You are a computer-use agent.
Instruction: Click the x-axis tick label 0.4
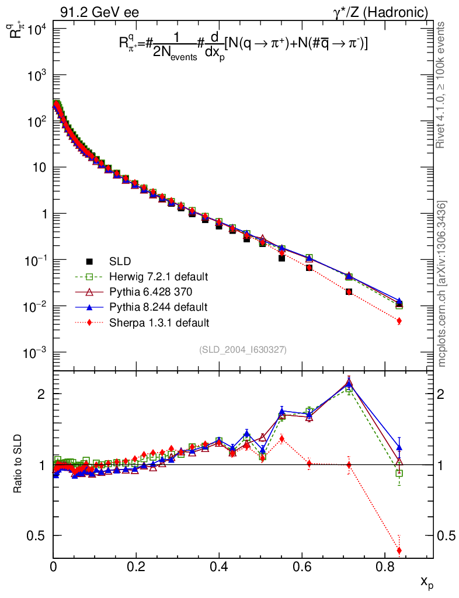pos(218,566)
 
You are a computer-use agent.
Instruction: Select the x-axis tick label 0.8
pos(384,566)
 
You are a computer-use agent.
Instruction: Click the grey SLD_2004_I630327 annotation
pos(242,349)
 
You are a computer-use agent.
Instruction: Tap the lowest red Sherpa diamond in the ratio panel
pos(399,551)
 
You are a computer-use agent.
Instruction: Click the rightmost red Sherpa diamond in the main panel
pos(399,321)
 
